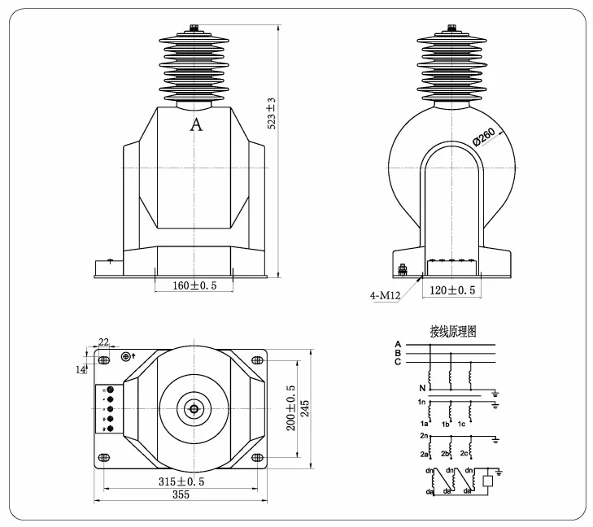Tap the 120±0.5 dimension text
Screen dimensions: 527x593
click(451, 290)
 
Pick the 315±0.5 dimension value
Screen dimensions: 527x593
click(181, 481)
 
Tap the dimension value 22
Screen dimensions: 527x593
click(103, 342)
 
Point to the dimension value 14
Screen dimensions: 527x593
click(82, 370)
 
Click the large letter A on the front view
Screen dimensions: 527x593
click(195, 125)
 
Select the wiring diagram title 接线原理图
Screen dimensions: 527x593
click(452, 331)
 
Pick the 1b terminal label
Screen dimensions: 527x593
click(445, 425)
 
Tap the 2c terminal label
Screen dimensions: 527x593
click(464, 452)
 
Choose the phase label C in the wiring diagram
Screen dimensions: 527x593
click(397, 362)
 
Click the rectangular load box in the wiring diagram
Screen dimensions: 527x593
click(488, 481)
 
